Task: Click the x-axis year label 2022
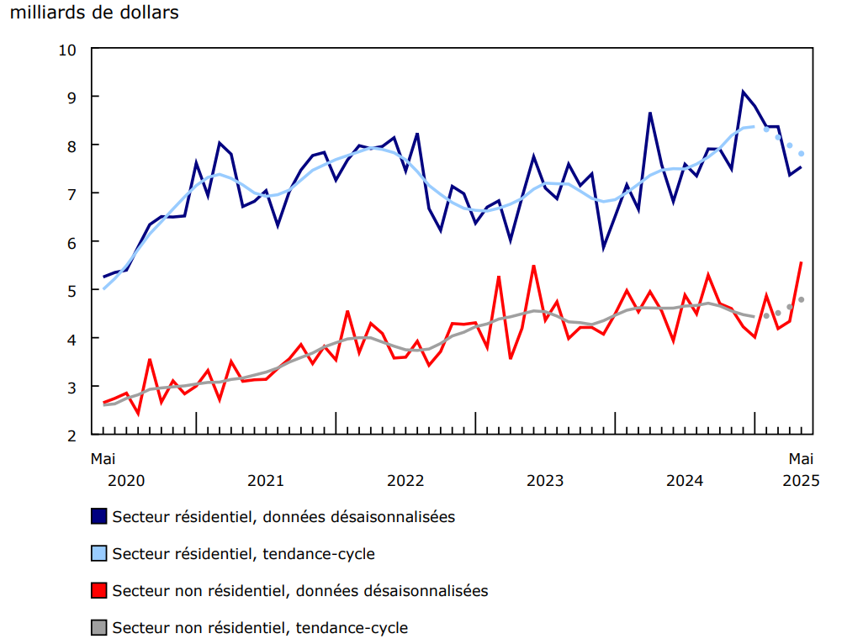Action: (405, 481)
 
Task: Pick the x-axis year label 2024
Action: (685, 481)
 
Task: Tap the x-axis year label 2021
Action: (266, 481)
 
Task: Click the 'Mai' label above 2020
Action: (103, 459)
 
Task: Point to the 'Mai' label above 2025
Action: (801, 459)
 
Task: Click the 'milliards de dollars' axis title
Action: (94, 13)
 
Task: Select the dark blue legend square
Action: (99, 516)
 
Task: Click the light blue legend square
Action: (99, 553)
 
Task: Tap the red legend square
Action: (99, 590)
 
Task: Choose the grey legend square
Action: (99, 627)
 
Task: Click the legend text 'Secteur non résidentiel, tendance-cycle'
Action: (260, 627)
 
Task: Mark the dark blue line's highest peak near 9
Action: (743, 92)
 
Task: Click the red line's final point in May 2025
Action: (801, 262)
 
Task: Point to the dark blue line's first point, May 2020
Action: (103, 277)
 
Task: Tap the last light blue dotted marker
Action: (802, 153)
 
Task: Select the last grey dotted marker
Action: (802, 299)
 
